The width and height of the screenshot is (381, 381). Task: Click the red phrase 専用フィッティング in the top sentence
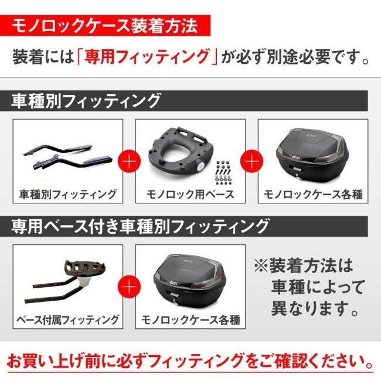pos(147,57)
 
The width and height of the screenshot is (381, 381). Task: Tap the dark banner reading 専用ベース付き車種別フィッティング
pos(141,225)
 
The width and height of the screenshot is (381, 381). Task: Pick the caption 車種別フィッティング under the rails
pos(67,194)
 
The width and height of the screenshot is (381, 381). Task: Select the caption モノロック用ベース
pos(190,194)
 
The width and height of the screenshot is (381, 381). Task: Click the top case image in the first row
pos(312,154)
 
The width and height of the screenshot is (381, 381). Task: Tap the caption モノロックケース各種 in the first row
pos(313,194)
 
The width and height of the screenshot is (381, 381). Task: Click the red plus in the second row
pos(129,286)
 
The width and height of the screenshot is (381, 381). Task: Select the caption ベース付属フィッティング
pos(67,319)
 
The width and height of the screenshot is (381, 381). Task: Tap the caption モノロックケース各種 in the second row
pos(190,319)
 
